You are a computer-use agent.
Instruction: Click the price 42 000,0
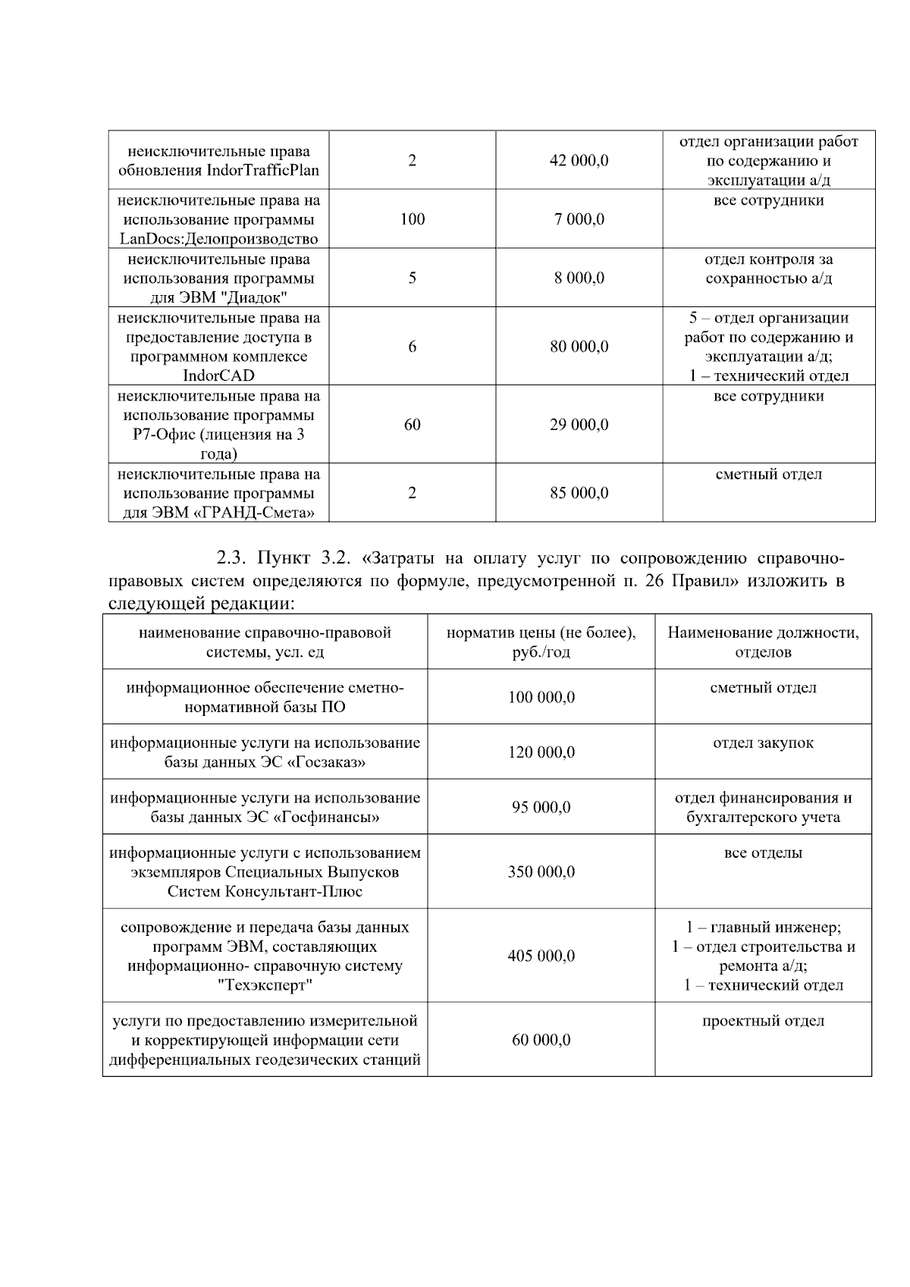click(x=579, y=161)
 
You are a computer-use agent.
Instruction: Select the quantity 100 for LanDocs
click(x=412, y=219)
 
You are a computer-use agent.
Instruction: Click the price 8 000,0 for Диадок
click(x=579, y=278)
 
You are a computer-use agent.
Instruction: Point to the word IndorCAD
click(x=218, y=375)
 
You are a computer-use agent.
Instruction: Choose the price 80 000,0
click(x=579, y=347)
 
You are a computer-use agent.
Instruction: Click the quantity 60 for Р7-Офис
click(x=412, y=425)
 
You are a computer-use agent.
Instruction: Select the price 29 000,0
click(x=579, y=425)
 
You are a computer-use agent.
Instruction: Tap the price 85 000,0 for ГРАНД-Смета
click(x=579, y=493)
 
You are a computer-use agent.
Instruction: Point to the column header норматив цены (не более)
click(x=541, y=633)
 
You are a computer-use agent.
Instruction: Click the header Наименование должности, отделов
click(x=763, y=642)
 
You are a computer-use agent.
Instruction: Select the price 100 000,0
click(x=541, y=697)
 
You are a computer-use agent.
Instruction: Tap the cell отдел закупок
click(x=763, y=742)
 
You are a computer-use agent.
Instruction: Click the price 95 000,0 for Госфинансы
click(x=541, y=807)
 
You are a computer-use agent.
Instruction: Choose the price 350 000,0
click(x=541, y=871)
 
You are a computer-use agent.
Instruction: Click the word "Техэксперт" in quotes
click(x=265, y=985)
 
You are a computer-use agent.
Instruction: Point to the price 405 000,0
click(x=541, y=956)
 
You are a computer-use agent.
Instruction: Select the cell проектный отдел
click(x=763, y=1021)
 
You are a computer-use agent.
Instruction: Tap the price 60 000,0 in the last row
click(x=541, y=1040)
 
